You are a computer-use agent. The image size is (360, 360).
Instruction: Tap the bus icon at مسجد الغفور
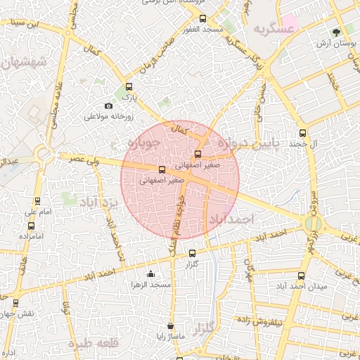click(203, 19)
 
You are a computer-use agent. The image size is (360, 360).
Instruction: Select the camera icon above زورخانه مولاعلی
click(108, 106)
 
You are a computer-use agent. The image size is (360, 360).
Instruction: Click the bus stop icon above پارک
click(128, 87)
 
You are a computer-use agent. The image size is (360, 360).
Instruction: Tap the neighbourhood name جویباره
click(143, 143)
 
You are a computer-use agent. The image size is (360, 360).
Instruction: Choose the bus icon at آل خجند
click(303, 133)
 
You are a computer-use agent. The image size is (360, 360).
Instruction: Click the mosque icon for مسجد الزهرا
click(150, 274)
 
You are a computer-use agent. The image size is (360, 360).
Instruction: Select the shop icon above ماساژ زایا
click(171, 326)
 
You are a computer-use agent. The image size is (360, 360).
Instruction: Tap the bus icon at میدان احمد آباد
click(302, 276)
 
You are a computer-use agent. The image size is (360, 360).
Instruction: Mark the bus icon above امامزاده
click(30, 226)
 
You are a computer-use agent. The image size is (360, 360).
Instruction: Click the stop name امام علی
click(35, 212)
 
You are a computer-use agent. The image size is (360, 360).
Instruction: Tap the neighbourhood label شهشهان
click(23, 63)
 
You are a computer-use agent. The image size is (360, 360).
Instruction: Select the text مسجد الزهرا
click(151, 285)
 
